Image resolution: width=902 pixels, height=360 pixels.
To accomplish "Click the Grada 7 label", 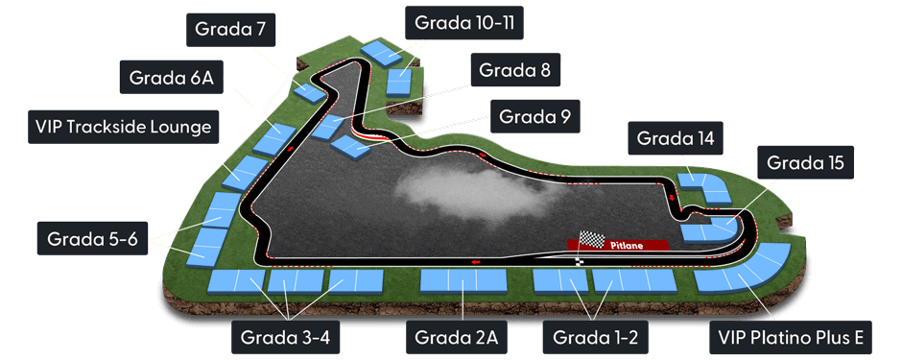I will (229, 29).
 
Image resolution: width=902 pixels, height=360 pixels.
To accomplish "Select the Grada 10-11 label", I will (465, 21).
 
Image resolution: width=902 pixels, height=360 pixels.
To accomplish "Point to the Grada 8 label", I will (515, 70).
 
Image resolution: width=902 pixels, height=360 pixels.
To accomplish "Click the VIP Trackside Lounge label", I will (122, 126).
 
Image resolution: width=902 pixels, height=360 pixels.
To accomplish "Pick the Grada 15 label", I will (805, 163).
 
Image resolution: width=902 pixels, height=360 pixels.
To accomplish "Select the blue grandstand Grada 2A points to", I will (463, 280).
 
